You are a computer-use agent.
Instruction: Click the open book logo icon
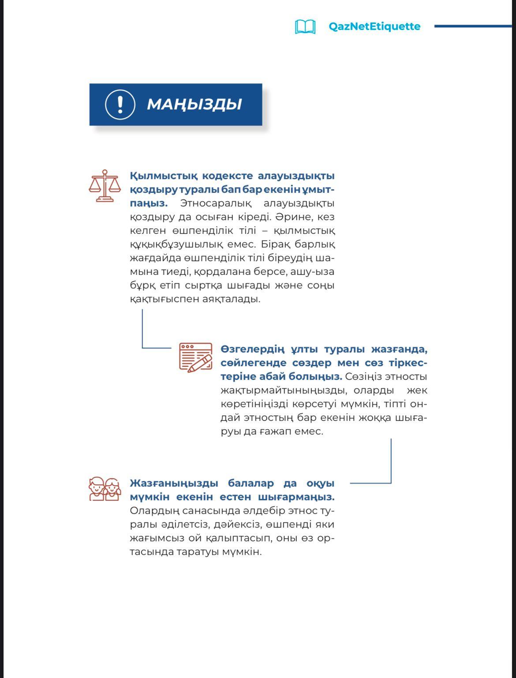(305, 26)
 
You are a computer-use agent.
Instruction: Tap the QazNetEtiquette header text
(374, 26)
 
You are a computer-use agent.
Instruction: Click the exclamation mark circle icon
(120, 105)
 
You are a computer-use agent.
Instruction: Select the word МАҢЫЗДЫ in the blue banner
(194, 105)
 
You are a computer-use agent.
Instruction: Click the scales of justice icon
(105, 186)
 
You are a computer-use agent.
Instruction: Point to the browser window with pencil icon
(195, 357)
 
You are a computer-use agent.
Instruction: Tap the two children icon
(105, 489)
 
